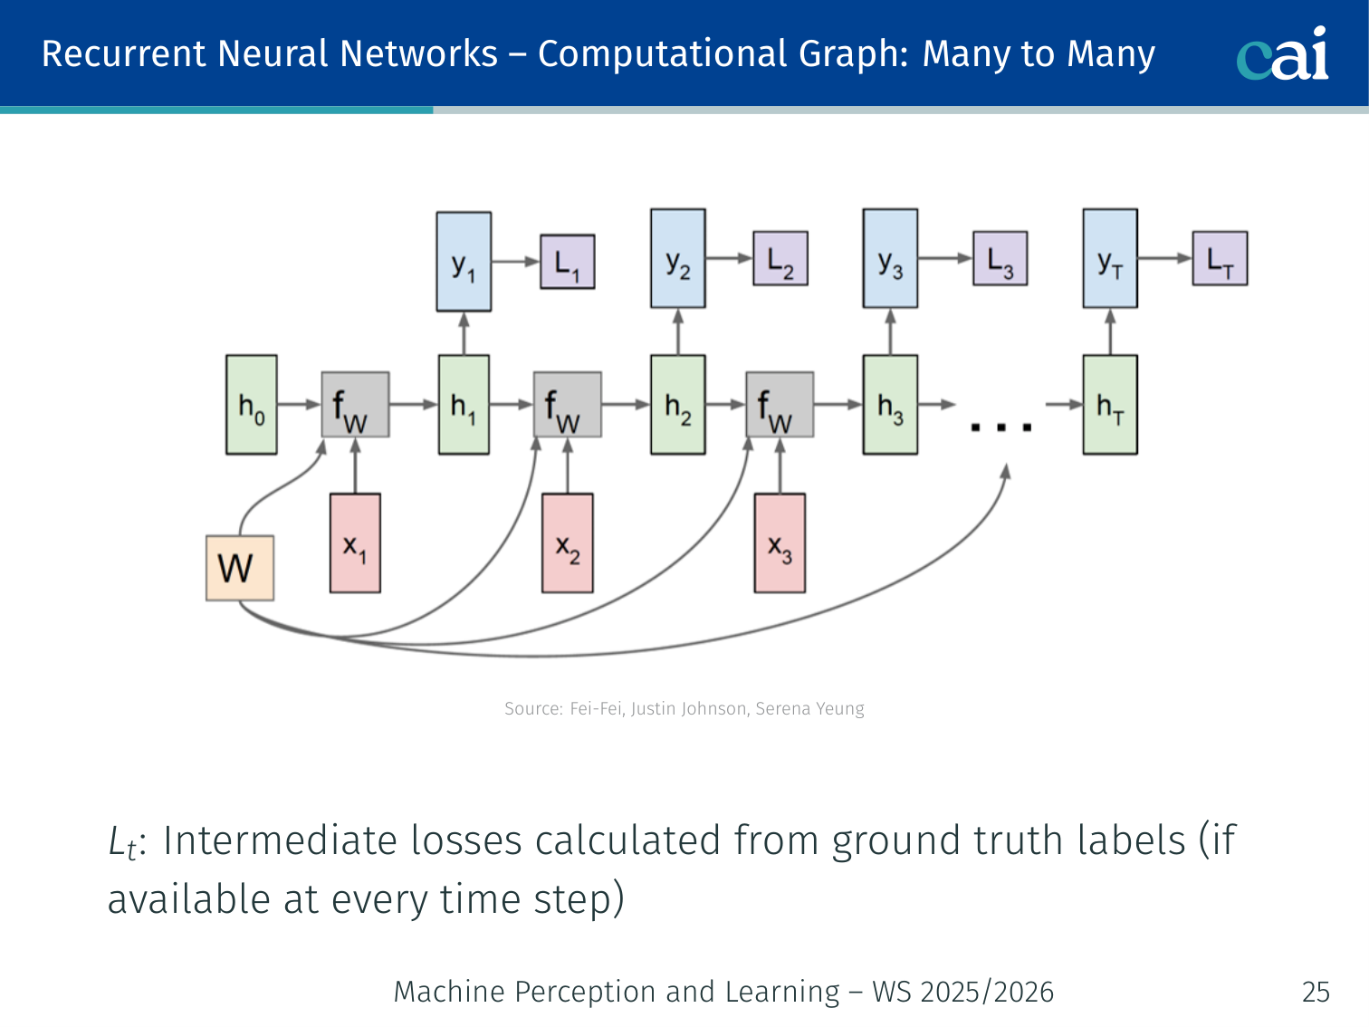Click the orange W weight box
(x=240, y=568)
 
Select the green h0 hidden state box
(x=251, y=405)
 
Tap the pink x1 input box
(x=355, y=543)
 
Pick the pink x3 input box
(x=780, y=543)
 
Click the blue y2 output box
(x=678, y=259)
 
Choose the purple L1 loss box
(x=567, y=262)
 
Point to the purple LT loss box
(x=1220, y=259)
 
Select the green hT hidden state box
(x=1110, y=405)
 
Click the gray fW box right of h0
(x=355, y=405)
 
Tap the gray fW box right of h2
(x=780, y=405)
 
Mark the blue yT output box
(x=1110, y=259)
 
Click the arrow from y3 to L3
(x=945, y=258)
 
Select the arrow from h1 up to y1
(x=464, y=333)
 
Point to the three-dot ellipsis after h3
(x=1001, y=427)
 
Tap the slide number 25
(x=1316, y=992)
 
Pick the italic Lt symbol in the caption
(x=122, y=842)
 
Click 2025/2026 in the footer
(x=986, y=992)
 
